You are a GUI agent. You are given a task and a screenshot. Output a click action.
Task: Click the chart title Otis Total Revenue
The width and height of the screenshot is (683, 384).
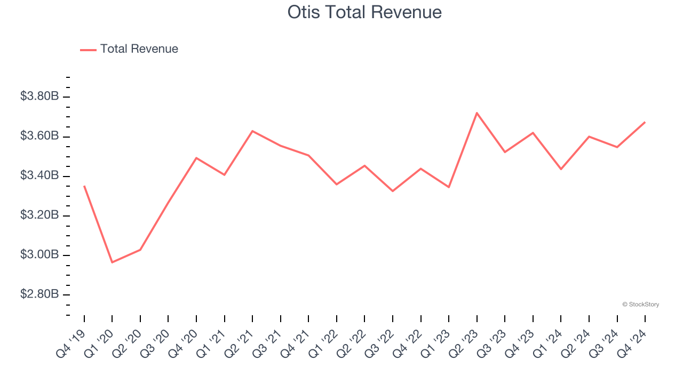tap(364, 12)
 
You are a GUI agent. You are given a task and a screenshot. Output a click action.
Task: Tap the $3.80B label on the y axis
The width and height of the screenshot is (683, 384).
tap(39, 97)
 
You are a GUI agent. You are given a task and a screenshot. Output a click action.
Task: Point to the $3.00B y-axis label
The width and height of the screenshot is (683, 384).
tap(39, 255)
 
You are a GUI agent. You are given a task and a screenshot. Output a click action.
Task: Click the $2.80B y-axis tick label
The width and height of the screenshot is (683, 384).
tap(39, 294)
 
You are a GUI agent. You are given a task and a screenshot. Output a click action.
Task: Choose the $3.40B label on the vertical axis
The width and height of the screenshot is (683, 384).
tap(39, 176)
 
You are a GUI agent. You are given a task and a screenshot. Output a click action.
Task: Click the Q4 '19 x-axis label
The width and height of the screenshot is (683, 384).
tap(70, 343)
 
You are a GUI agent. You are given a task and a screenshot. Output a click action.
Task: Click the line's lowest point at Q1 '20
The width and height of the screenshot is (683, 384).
tap(112, 262)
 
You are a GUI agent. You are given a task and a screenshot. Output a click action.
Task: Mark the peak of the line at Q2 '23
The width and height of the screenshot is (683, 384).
tap(476, 113)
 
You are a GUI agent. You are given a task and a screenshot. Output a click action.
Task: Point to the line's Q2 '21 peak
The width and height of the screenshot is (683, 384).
tap(252, 131)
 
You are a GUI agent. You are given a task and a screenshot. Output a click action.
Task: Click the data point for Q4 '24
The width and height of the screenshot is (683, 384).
tap(645, 122)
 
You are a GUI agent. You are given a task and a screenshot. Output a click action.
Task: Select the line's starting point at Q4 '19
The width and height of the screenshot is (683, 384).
tap(84, 186)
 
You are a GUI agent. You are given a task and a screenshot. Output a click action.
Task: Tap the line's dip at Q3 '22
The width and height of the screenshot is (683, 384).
tap(393, 191)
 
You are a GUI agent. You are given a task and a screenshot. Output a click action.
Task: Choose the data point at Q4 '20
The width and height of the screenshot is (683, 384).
tap(196, 158)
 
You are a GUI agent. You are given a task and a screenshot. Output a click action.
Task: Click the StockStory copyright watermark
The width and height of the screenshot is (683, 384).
tap(640, 305)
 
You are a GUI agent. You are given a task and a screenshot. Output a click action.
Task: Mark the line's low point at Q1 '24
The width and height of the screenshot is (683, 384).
tap(561, 169)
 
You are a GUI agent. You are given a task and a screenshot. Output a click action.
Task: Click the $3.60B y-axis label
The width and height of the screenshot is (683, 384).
tap(39, 136)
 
